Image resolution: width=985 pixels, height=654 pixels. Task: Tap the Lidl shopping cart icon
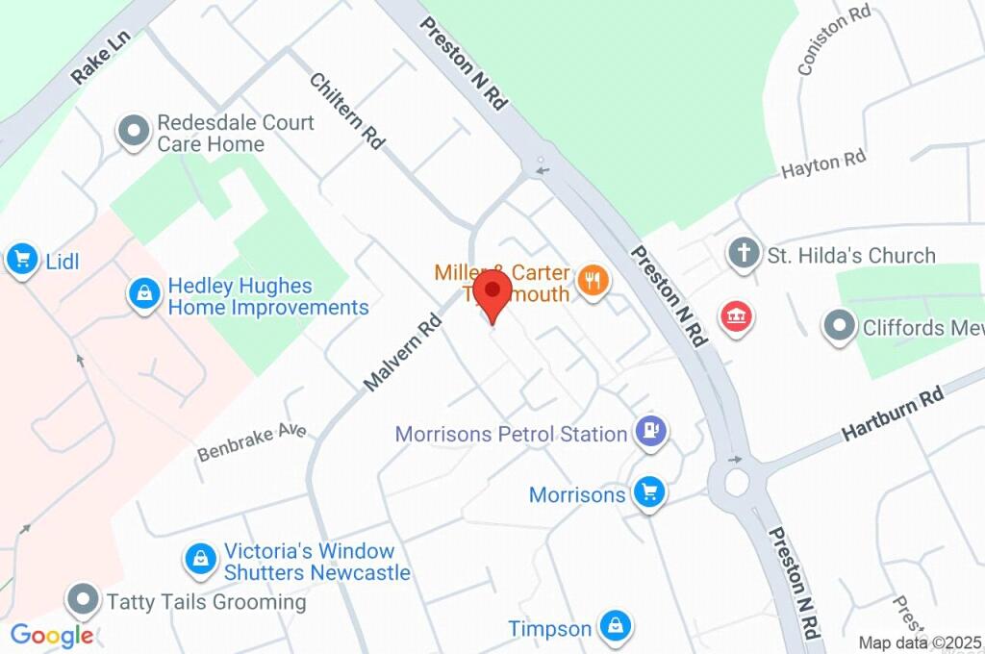coord(21,259)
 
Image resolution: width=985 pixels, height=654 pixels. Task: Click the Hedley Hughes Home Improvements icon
coord(143,296)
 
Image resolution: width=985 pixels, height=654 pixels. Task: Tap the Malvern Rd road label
coord(401,352)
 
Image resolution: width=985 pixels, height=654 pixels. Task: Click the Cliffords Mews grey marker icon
coord(840,327)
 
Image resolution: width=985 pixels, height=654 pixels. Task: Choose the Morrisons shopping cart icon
coord(650,494)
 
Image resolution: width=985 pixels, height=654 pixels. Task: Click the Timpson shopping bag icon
coord(613,628)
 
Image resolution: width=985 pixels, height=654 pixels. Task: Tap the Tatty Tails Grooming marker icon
coord(84,601)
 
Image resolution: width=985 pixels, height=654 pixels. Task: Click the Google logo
coord(52,635)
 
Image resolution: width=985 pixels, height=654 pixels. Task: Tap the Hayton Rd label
coord(823,164)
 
